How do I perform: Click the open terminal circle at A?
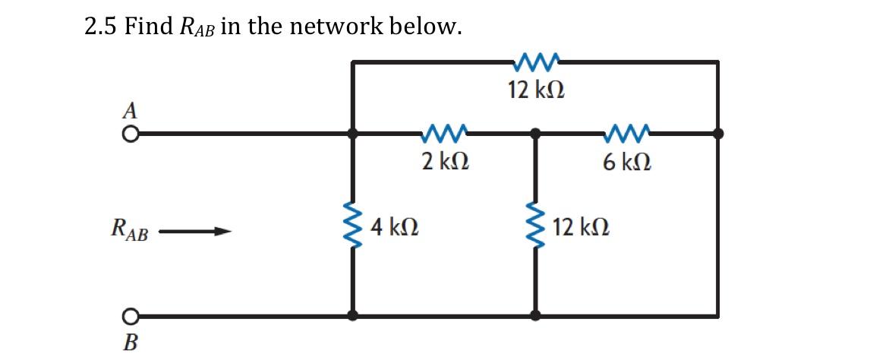[131, 134]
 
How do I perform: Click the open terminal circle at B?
[131, 314]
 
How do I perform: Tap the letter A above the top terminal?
[131, 111]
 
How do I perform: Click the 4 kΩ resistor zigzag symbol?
[351, 226]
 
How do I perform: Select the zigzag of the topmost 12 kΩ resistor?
[536, 60]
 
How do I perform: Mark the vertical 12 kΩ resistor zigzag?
[536, 226]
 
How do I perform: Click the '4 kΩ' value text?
[398, 226]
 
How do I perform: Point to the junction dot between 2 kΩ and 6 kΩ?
[536, 134]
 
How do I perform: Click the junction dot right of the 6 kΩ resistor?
[717, 134]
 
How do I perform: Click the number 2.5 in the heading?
[100, 28]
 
